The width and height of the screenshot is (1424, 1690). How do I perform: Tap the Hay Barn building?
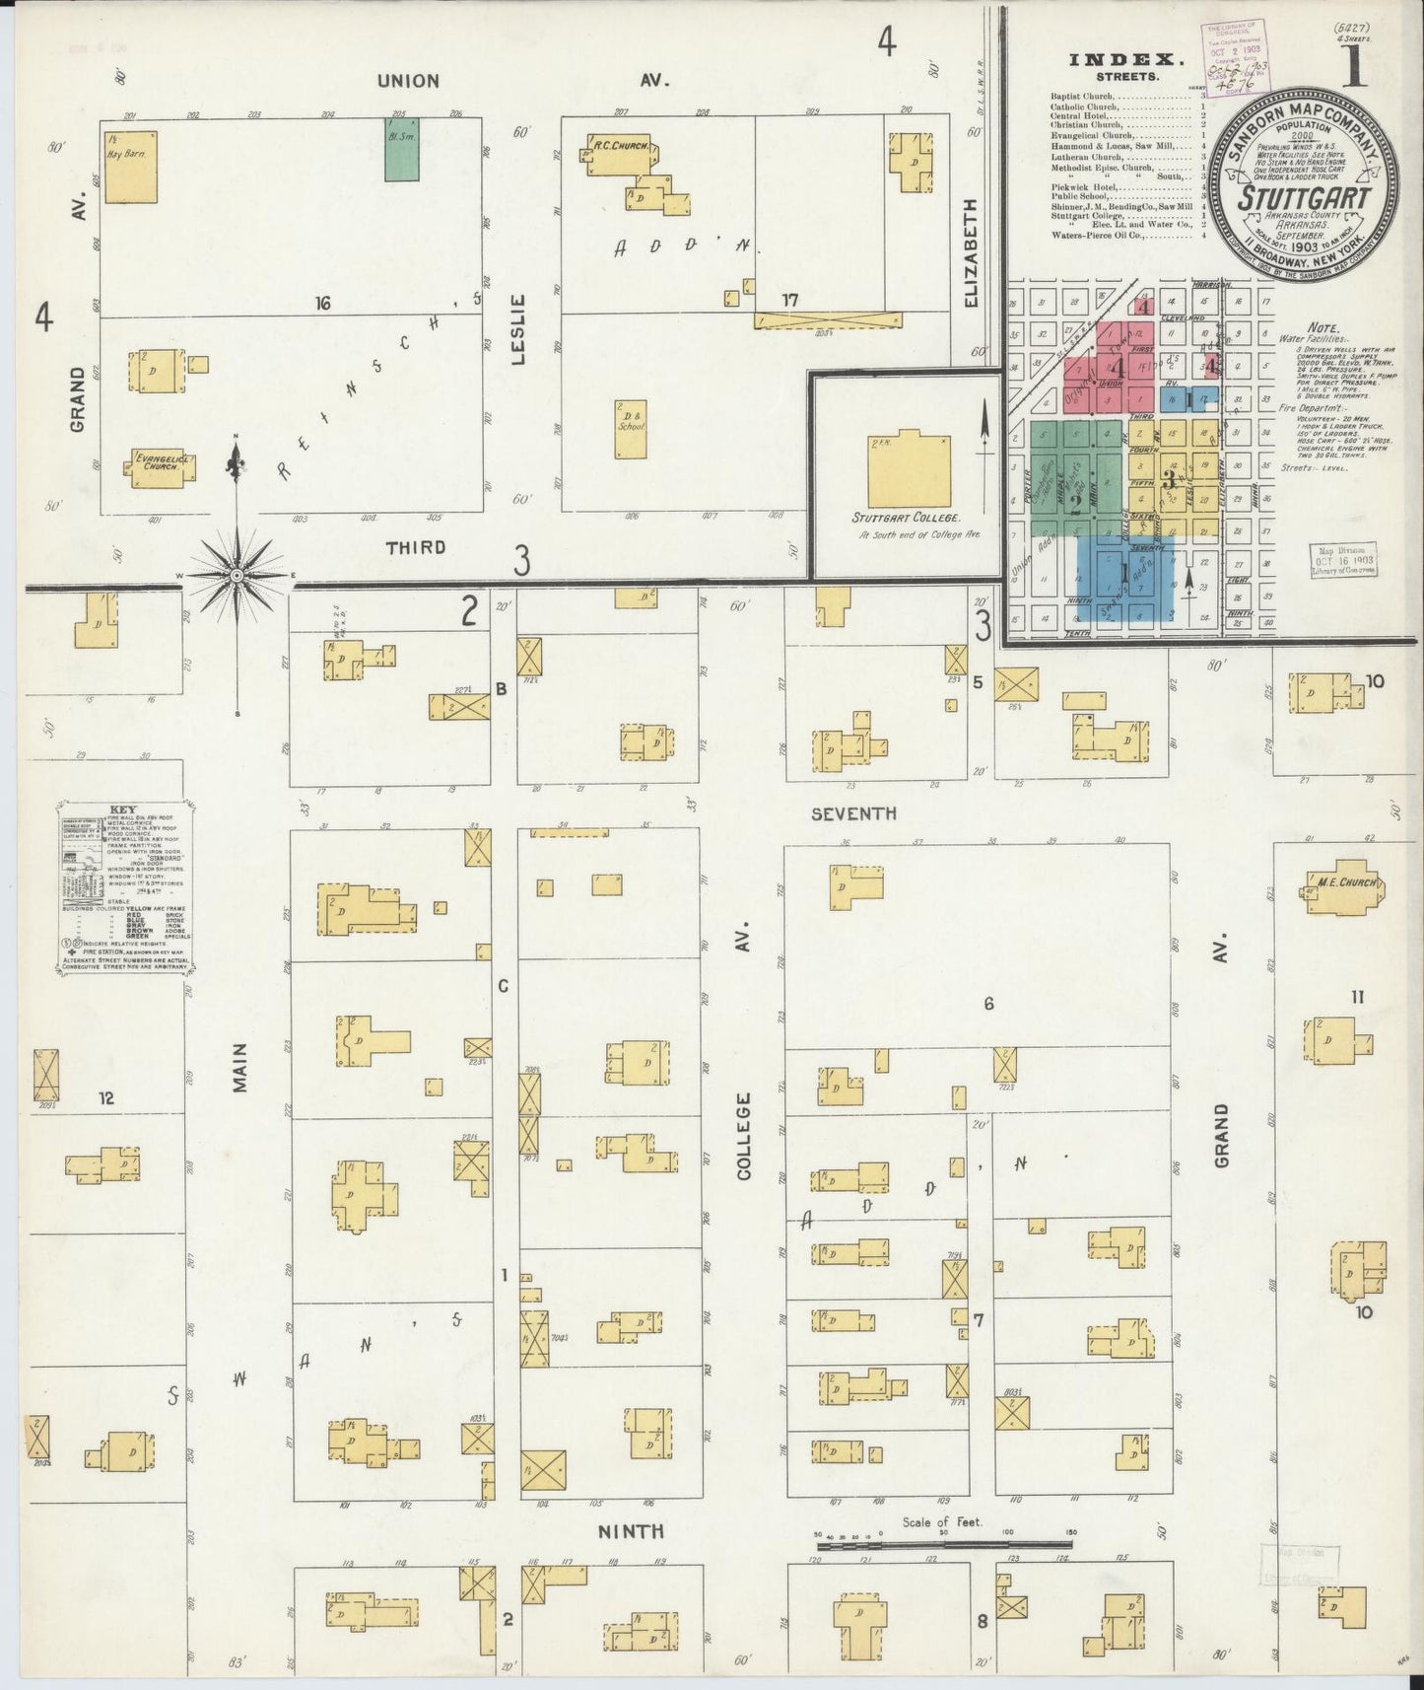point(130,167)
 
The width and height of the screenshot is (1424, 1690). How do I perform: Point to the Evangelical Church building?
point(158,466)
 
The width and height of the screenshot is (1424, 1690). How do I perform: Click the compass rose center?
point(237,574)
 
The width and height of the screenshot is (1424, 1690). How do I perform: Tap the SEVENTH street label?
point(853,813)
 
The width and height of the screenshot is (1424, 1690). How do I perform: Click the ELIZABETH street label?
point(971,252)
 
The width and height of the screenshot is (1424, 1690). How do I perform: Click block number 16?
point(321,304)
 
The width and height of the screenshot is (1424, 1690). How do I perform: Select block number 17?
point(789,300)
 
